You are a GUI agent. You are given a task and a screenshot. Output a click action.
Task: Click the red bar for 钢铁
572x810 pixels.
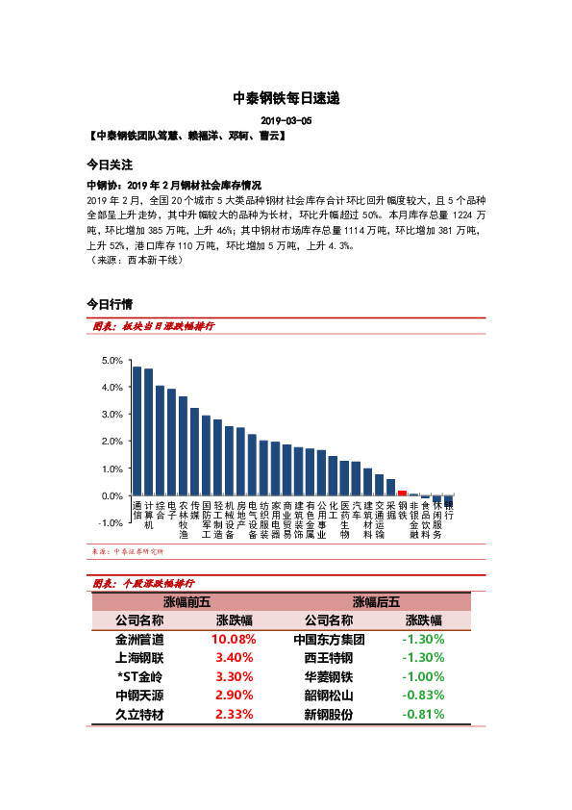(x=402, y=494)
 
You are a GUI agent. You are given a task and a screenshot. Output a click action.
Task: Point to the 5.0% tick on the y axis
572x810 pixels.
(x=112, y=361)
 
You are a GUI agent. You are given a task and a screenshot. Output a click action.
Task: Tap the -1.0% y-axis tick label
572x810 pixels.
(x=111, y=522)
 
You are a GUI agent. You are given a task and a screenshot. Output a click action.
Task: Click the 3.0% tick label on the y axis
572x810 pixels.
(x=112, y=415)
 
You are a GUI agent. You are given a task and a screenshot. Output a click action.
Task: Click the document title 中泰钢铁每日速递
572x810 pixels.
(x=286, y=98)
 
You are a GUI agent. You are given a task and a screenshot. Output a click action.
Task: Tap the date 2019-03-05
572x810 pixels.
(x=286, y=122)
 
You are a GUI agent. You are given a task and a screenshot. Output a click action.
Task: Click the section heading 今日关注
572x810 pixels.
(x=109, y=165)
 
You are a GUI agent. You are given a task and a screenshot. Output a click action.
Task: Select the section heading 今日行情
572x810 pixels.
(x=109, y=304)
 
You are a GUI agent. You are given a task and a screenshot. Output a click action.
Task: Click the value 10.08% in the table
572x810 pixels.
(x=234, y=639)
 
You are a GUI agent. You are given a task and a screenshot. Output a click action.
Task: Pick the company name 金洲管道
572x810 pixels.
(x=139, y=639)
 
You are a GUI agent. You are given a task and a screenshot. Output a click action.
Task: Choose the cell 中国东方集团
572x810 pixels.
(x=329, y=639)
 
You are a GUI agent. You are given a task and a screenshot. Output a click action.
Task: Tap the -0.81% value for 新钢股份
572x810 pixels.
(x=423, y=714)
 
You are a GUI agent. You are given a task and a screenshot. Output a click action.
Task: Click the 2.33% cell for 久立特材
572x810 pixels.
(x=234, y=714)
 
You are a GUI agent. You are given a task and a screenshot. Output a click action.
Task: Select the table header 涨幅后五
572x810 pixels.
(x=376, y=602)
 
